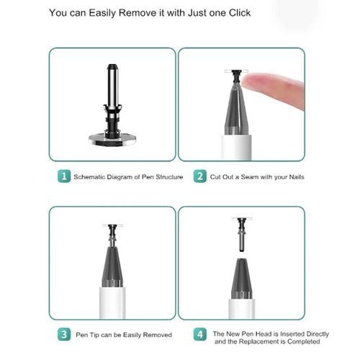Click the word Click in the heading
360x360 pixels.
click(x=240, y=13)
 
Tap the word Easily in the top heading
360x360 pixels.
click(x=102, y=13)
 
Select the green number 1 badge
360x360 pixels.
click(x=64, y=176)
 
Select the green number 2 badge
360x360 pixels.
click(x=200, y=176)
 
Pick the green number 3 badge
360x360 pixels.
click(x=64, y=334)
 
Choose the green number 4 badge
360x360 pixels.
click(x=200, y=334)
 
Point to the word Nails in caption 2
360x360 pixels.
click(x=297, y=177)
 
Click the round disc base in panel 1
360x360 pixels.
click(x=112, y=140)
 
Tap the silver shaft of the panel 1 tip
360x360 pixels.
click(x=112, y=86)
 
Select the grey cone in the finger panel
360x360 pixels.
click(x=237, y=109)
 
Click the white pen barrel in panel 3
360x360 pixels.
click(x=112, y=302)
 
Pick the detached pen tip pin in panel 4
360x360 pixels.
click(x=242, y=234)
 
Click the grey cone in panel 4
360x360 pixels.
click(x=242, y=279)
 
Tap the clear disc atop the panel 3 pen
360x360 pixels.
click(x=112, y=225)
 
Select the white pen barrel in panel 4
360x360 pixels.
click(x=242, y=309)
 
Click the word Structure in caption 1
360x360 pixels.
click(x=169, y=177)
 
